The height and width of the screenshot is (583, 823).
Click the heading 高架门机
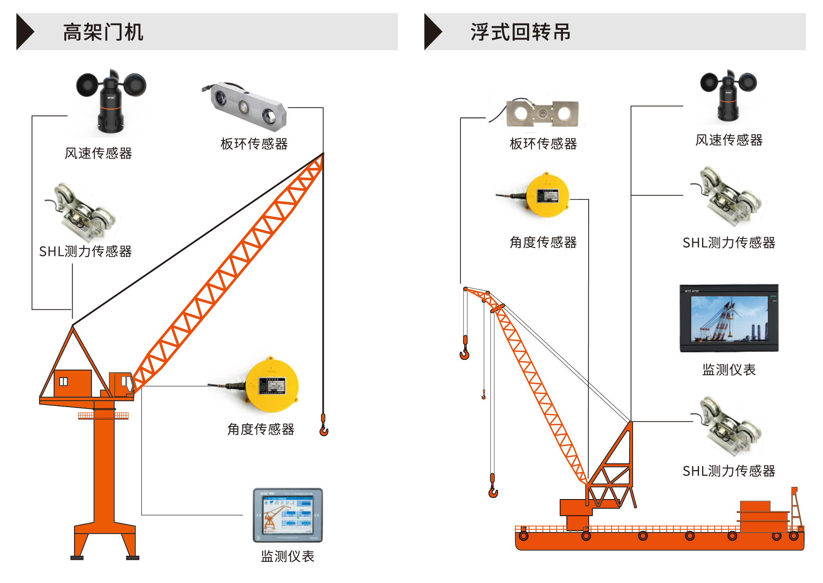point(103,32)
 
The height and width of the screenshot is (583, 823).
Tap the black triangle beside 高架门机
point(24,32)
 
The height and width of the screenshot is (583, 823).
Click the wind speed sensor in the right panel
point(728,96)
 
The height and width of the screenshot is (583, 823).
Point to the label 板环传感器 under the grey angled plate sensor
point(254,144)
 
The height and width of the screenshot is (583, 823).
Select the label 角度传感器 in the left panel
point(261,429)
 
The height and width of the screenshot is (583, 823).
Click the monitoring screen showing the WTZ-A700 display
point(729,318)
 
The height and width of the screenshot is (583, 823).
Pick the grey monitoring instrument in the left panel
point(287,515)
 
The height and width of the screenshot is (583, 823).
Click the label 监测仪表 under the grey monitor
point(287,556)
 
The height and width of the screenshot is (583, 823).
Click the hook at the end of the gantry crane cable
point(324,430)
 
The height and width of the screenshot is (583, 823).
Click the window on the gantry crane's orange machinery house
point(63,381)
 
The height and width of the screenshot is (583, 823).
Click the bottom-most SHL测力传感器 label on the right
point(729,471)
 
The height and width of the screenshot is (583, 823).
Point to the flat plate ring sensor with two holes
point(542,114)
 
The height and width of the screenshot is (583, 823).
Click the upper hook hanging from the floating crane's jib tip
point(465,353)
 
